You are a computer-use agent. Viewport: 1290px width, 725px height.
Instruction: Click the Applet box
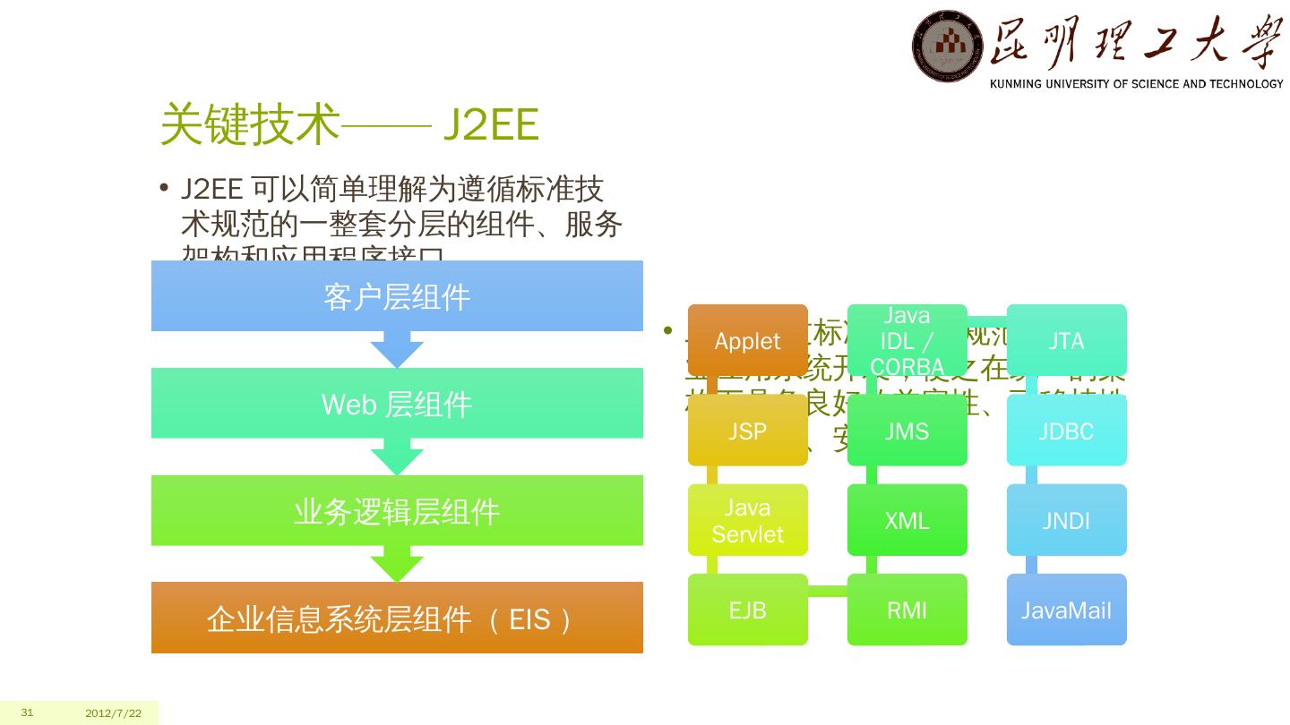(747, 340)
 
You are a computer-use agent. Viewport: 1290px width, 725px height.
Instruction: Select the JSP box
(747, 431)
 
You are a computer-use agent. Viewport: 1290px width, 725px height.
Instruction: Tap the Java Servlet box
(747, 520)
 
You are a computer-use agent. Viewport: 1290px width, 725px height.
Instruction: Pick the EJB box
(747, 610)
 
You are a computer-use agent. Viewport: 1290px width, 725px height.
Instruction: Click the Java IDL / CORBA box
(907, 340)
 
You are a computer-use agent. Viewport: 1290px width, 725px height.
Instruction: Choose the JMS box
(907, 431)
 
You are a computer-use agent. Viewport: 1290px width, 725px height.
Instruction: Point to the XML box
(907, 520)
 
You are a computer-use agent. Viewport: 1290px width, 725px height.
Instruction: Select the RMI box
(907, 610)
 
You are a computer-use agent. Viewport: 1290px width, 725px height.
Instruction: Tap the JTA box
(1066, 340)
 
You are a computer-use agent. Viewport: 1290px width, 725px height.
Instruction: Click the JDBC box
(1066, 431)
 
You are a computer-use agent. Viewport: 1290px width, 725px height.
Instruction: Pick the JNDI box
(1066, 520)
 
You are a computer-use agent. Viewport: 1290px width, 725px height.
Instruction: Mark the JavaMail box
(1066, 610)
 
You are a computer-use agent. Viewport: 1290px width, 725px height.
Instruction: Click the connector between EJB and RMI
(828, 590)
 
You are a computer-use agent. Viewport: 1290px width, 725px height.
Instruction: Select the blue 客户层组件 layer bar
(397, 295)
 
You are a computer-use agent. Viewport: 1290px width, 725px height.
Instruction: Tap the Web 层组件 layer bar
(397, 403)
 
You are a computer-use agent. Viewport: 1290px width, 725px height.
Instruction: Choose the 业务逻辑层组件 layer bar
(397, 510)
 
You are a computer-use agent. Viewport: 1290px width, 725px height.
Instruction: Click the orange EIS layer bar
(397, 618)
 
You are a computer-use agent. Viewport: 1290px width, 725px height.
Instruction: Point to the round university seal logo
(948, 46)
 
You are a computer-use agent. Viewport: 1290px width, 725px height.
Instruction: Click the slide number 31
(27, 712)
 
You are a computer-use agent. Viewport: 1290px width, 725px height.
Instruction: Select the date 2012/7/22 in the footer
(114, 713)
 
